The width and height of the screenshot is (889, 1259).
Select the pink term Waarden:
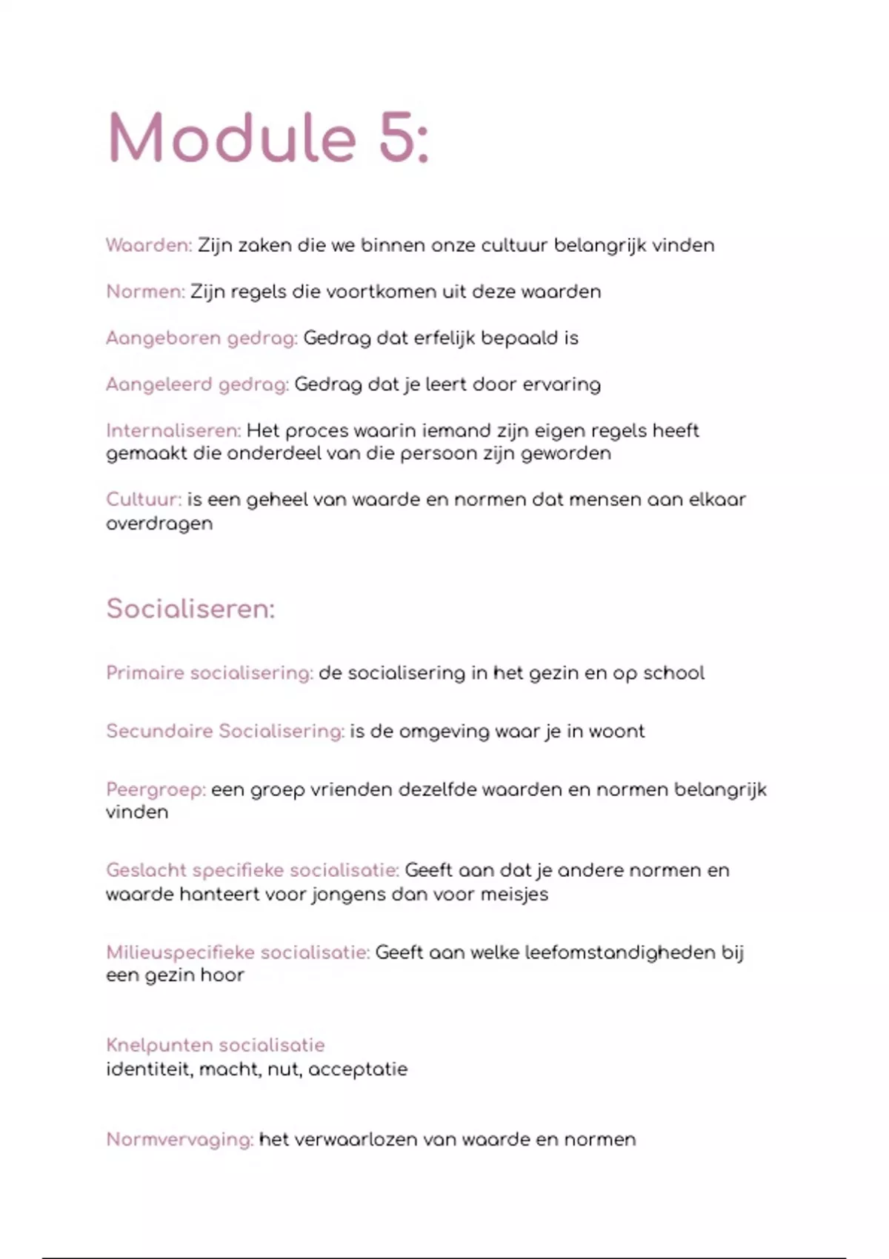[x=149, y=245]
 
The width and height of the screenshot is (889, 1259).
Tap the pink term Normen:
[x=145, y=292]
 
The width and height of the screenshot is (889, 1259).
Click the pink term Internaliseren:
[x=173, y=430]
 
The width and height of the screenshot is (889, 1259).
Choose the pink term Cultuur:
[x=144, y=499]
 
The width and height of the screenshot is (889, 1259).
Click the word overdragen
[x=159, y=524]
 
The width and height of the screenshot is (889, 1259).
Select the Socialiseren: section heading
[x=190, y=609]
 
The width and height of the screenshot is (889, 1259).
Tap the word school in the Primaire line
[x=673, y=673]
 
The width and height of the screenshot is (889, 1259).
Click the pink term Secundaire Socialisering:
[x=225, y=731]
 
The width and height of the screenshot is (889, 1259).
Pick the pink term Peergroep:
[x=156, y=789]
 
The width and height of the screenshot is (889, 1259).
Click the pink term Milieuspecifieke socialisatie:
[x=238, y=952]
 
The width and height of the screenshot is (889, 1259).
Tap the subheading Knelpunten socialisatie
[x=216, y=1045]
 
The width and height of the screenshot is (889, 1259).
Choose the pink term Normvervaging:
[x=180, y=1139]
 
